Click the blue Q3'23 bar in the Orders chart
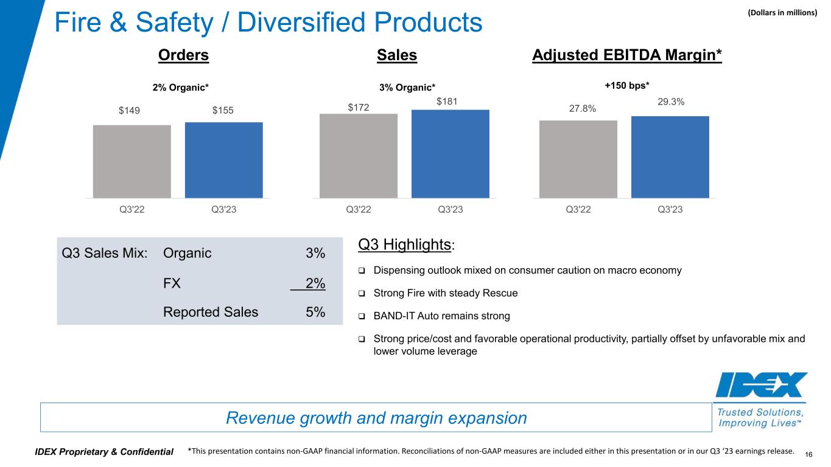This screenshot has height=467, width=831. click(x=223, y=160)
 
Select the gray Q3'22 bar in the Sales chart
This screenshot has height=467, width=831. click(x=358, y=156)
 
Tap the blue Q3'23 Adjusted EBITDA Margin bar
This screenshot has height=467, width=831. click(x=670, y=157)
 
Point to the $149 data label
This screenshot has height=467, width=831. click(x=132, y=111)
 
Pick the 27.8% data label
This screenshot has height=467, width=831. click(x=578, y=108)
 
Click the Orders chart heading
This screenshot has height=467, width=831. click(x=183, y=55)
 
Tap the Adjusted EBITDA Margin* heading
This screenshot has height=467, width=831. click(x=627, y=55)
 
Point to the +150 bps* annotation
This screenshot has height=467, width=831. click(x=626, y=86)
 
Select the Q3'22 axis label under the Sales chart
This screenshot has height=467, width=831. click(x=358, y=210)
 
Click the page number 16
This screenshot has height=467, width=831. click(x=809, y=454)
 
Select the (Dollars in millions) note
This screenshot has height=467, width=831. click(x=782, y=11)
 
